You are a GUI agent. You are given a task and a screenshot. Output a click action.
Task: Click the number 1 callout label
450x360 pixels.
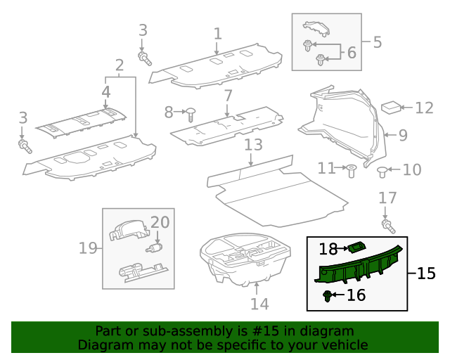(x=218, y=33)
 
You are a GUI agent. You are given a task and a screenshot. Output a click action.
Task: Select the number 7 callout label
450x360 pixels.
(x=228, y=96)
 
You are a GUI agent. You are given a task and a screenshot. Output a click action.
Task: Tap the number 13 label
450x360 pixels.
(x=253, y=146)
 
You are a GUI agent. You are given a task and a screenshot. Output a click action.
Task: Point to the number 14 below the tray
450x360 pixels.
(x=259, y=304)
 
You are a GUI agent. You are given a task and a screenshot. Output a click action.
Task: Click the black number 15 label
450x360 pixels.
(x=426, y=274)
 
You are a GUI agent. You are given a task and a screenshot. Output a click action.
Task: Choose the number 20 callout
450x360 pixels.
(x=160, y=223)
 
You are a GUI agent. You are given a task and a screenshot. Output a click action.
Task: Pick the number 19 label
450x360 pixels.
(x=87, y=248)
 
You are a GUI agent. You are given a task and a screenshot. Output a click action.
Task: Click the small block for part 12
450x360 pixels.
(x=390, y=108)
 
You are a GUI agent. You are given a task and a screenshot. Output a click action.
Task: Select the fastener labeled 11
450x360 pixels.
(x=351, y=169)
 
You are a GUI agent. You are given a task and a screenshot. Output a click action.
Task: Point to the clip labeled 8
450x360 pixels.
(x=191, y=112)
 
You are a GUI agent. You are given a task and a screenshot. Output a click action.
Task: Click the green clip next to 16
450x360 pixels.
(x=328, y=295)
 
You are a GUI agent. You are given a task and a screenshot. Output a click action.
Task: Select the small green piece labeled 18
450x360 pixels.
(x=357, y=247)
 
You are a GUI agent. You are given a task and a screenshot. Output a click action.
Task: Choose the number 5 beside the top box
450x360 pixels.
(x=377, y=42)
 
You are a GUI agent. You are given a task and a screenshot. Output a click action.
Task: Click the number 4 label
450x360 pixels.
(x=106, y=92)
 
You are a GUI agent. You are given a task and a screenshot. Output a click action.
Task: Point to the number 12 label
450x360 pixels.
(x=424, y=108)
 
